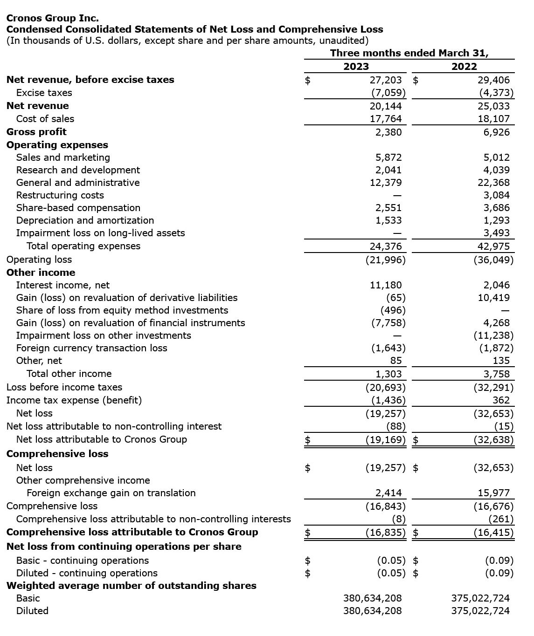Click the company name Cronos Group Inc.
click(x=53, y=18)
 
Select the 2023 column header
click(x=356, y=67)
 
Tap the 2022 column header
click(x=464, y=67)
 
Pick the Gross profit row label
click(x=36, y=132)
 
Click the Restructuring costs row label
click(x=60, y=195)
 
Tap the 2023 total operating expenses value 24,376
click(x=386, y=246)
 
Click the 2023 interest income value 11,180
click(x=386, y=285)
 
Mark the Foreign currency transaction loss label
click(x=91, y=348)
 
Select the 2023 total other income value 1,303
click(x=388, y=374)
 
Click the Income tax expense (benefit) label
click(x=74, y=400)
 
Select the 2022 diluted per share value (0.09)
click(x=499, y=573)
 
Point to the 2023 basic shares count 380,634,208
click(x=372, y=598)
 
